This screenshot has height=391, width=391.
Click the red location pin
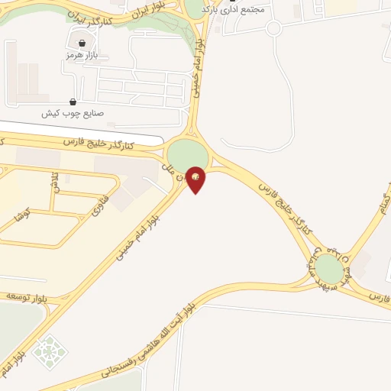(196, 179)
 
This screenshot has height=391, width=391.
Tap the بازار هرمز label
(82, 56)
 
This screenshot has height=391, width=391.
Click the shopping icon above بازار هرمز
(82, 44)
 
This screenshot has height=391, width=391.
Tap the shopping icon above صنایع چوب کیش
(73, 102)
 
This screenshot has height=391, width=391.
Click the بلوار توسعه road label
(27, 293)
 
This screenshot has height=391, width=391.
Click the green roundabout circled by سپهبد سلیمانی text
(328, 268)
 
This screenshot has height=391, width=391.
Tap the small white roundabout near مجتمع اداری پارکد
(273, 28)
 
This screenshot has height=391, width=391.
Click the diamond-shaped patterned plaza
(50, 352)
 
